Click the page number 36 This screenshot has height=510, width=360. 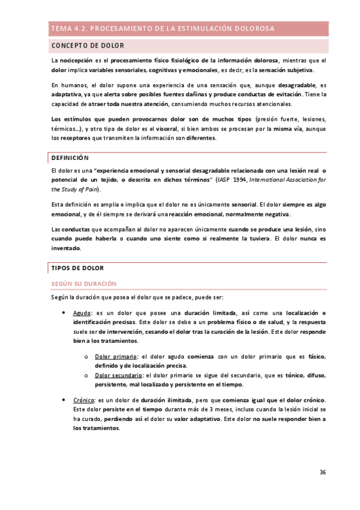click(x=322, y=472)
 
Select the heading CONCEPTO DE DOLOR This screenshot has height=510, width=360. click(x=88, y=46)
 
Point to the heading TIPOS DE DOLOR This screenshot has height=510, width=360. click(x=78, y=268)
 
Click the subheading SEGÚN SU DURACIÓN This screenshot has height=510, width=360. click(x=84, y=283)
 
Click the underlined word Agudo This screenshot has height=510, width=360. click(x=82, y=313)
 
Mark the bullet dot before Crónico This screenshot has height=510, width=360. click(x=64, y=401)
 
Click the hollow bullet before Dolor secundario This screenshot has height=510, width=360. click(x=87, y=376)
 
